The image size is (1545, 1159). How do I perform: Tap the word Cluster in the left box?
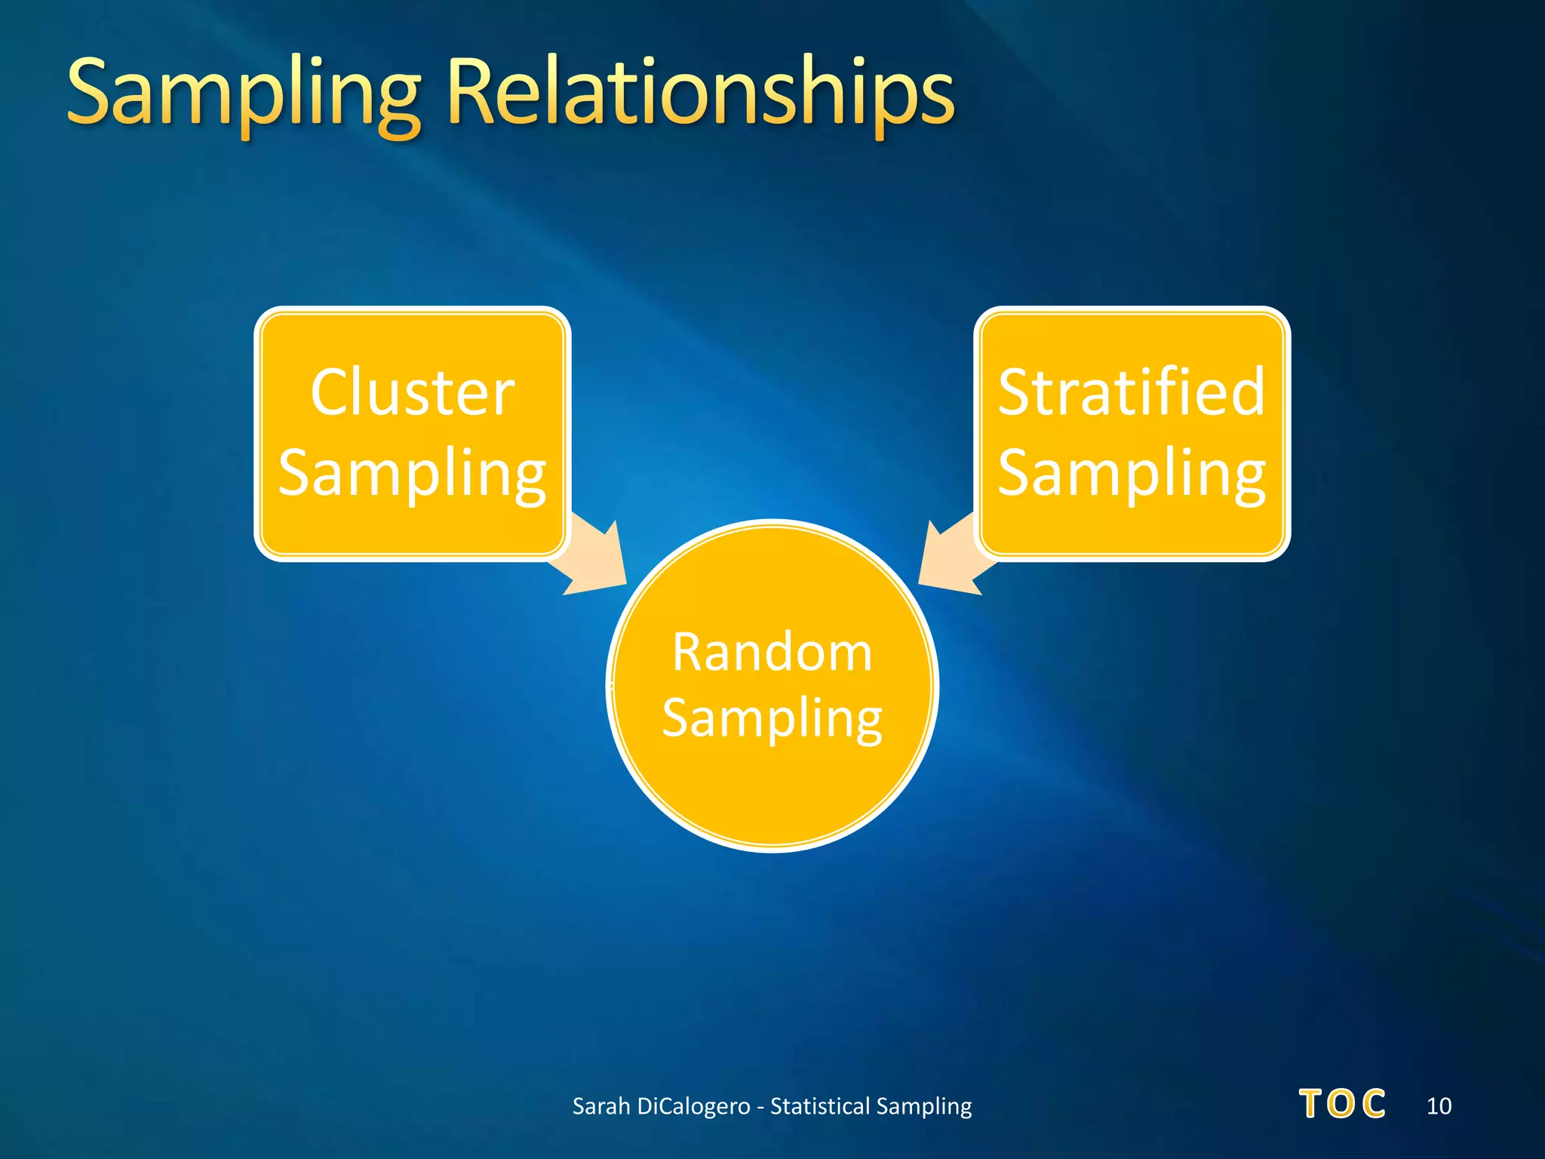412,393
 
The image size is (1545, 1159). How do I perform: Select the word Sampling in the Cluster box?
412,473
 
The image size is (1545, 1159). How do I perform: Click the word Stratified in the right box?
1131,393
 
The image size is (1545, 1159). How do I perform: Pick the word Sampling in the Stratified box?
1131,473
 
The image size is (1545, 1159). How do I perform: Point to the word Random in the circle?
772,652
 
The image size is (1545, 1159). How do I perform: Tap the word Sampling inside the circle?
772,718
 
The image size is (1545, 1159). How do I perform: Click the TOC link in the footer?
1342,1105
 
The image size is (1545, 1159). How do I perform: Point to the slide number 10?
1439,1106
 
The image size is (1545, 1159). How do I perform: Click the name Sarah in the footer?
600,1106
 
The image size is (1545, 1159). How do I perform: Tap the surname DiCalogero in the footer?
693,1106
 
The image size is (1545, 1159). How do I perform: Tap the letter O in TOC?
1341,1105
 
